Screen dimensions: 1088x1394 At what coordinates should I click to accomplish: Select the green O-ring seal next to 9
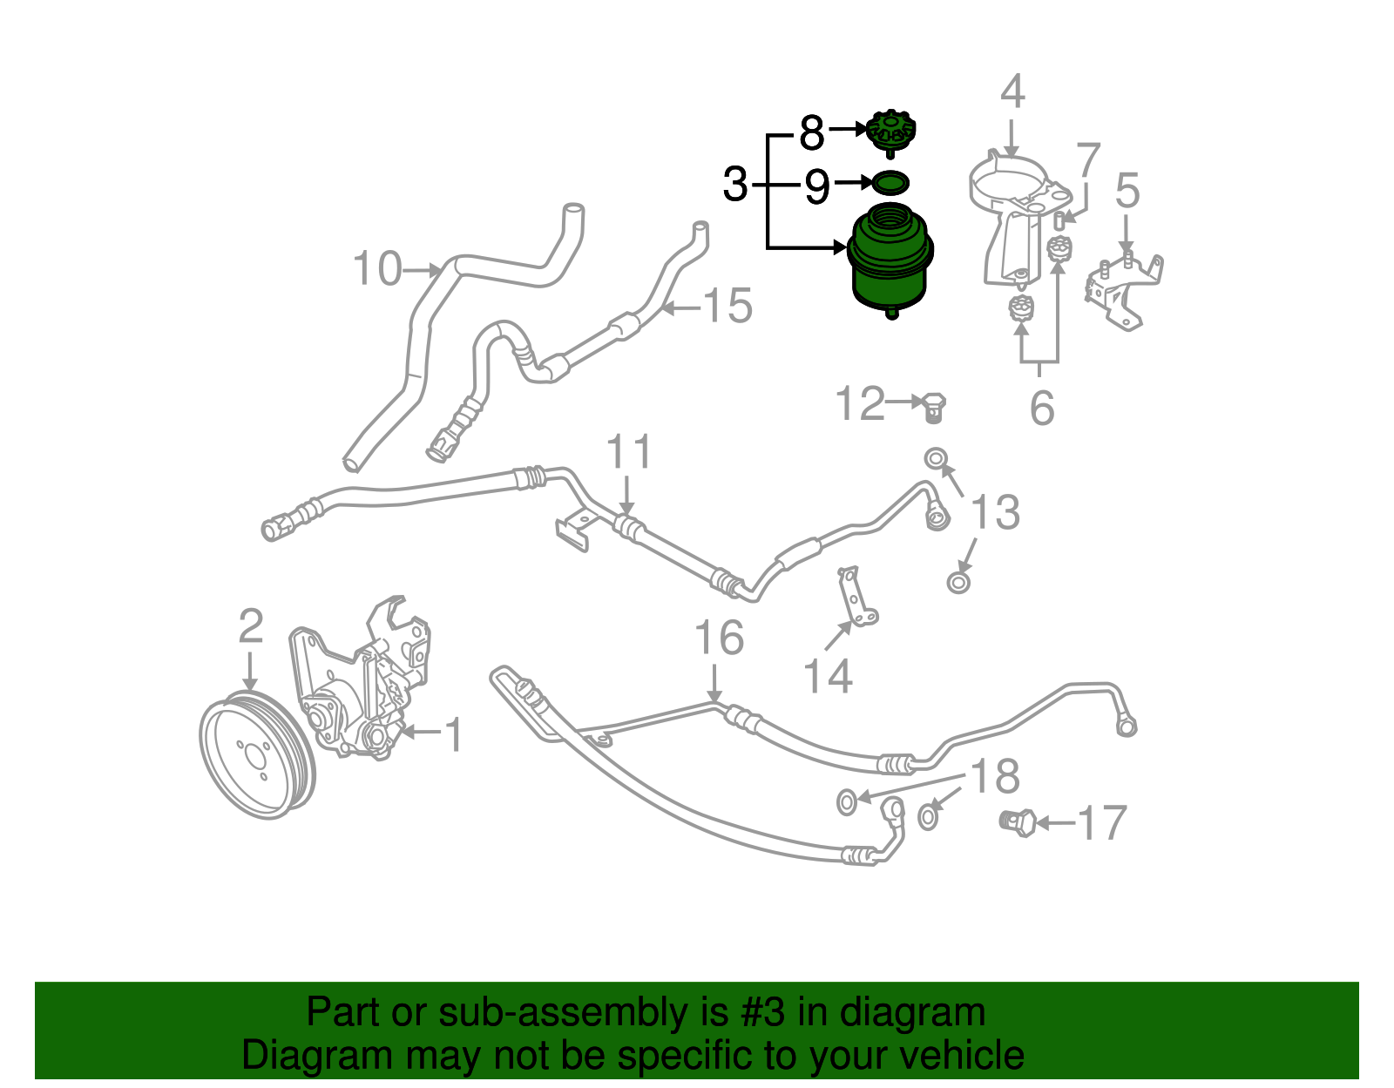coord(890,183)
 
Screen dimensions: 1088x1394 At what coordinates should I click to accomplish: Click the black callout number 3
coord(735,185)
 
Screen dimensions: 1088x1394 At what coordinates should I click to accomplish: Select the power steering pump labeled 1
coord(362,697)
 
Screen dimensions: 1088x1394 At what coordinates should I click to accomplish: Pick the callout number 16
coord(719,638)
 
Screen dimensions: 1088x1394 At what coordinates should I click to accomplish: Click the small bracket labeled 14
coord(858,601)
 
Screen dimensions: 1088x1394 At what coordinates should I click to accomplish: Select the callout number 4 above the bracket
coord(1012,91)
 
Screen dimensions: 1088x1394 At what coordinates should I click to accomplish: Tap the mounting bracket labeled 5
coord(1124,292)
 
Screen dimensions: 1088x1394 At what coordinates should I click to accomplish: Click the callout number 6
coord(1042,408)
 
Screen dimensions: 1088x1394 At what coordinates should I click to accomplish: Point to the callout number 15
coord(727,306)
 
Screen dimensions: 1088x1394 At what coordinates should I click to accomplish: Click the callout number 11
coord(628,452)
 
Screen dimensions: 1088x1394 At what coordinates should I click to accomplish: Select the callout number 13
coord(995,512)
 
